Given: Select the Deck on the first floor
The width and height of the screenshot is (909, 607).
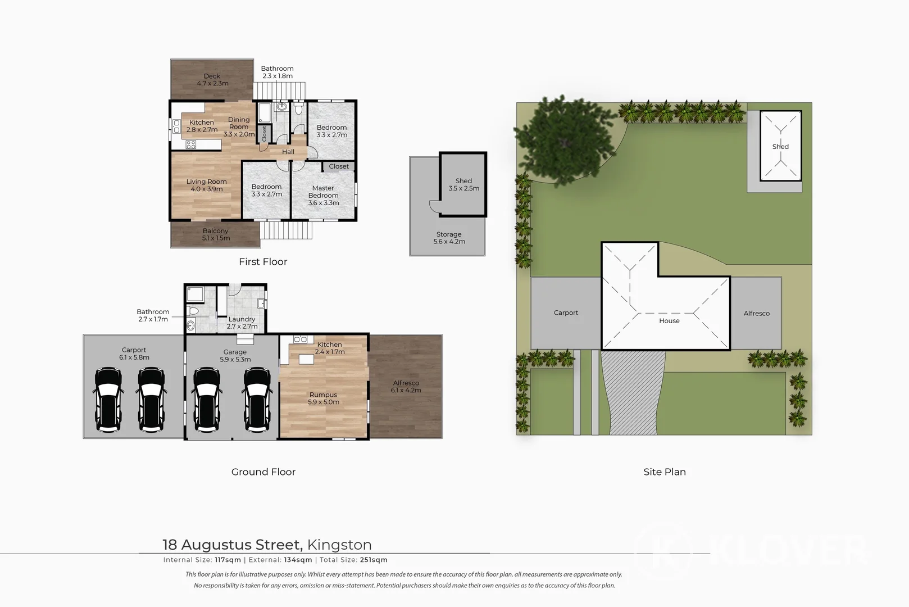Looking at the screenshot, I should click(212, 79).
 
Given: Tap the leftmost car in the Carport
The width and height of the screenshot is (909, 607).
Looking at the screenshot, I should click(108, 400).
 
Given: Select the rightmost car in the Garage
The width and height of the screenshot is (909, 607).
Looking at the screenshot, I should click(257, 400).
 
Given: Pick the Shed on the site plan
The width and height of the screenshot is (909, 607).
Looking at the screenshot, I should click(780, 146).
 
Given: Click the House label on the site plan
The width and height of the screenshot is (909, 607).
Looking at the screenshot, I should click(669, 321).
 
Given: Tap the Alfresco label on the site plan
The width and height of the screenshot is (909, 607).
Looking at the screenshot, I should click(756, 313).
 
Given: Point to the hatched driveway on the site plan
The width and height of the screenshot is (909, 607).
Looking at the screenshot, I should click(632, 393).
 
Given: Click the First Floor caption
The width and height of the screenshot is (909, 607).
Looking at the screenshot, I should click(263, 261).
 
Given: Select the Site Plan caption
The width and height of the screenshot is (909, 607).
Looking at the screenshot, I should click(665, 472).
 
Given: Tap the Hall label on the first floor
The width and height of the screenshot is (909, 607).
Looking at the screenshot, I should click(288, 152).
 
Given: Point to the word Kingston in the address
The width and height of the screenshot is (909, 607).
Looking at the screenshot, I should click(339, 545).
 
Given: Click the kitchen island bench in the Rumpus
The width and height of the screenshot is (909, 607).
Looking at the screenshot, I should click(306, 359).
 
